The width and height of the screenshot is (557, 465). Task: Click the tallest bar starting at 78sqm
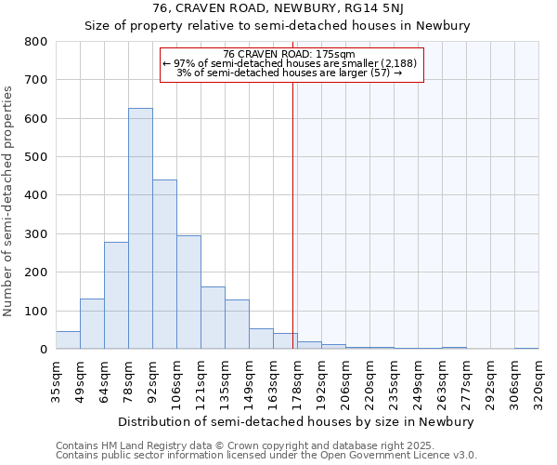pyautogui.click(x=140, y=229)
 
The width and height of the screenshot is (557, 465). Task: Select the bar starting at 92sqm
pyautogui.click(x=164, y=264)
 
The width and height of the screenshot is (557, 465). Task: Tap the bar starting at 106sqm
pyautogui.click(x=188, y=292)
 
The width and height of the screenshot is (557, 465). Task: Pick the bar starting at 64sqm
pyautogui.click(x=116, y=296)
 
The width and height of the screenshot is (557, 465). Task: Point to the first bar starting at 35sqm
pyautogui.click(x=68, y=340)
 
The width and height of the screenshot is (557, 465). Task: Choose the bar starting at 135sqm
pyautogui.click(x=237, y=325)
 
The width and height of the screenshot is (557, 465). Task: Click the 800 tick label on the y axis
pyautogui.click(x=36, y=42)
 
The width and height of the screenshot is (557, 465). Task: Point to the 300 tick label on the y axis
pyautogui.click(x=36, y=234)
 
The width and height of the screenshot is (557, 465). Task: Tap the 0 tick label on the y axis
pyautogui.click(x=43, y=350)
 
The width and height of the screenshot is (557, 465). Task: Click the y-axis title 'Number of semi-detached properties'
pyautogui.click(x=9, y=200)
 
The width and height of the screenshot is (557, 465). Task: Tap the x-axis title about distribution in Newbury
pyautogui.click(x=297, y=421)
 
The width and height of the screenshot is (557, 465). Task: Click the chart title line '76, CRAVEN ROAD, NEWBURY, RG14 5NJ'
pyautogui.click(x=278, y=8)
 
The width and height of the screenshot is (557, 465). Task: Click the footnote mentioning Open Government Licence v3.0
pyautogui.click(x=266, y=455)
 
